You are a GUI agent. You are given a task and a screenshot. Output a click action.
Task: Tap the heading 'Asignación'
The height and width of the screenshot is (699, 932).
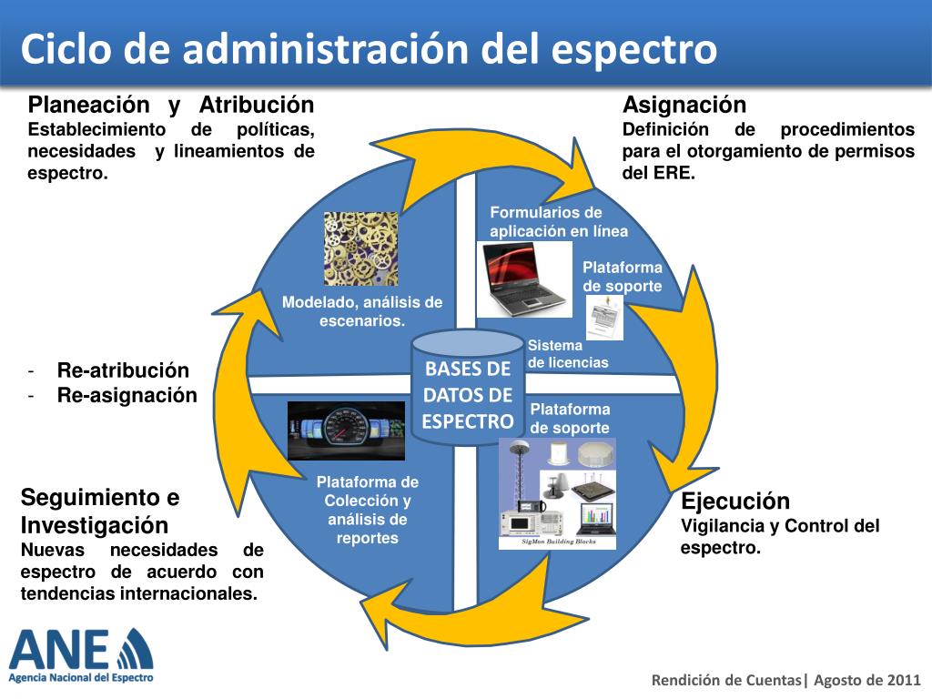[684, 105]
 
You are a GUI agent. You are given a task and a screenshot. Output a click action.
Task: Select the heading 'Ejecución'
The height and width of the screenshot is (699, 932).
[735, 501]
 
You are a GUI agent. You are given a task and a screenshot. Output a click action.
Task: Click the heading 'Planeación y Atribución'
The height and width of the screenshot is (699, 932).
[171, 105]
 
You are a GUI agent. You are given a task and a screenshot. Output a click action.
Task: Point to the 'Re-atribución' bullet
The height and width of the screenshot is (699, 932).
[123, 370]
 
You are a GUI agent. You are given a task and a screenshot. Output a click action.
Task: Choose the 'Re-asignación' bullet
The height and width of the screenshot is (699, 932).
[127, 395]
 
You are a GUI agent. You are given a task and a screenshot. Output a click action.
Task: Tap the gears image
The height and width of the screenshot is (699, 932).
[360, 248]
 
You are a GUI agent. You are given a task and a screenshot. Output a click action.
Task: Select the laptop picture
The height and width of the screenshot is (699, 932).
[523, 279]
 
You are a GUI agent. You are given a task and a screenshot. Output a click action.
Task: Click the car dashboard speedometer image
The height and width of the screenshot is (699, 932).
[346, 431]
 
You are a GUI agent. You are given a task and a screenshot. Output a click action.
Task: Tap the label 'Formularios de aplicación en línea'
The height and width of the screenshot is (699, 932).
[559, 222]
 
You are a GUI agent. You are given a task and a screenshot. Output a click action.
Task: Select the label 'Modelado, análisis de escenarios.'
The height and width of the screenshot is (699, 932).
[361, 311]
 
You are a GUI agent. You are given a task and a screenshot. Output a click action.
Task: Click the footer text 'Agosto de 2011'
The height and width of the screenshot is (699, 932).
[867, 680]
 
